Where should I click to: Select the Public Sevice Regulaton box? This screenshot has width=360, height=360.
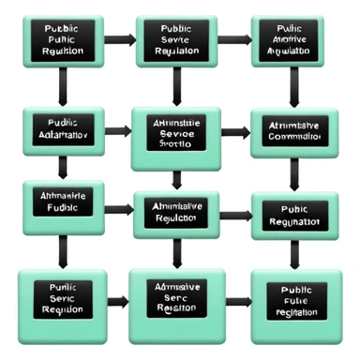pyautogui.click(x=176, y=40)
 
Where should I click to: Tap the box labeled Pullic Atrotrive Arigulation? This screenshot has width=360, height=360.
pyautogui.click(x=293, y=40)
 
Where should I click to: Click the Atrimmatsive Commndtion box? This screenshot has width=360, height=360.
pyautogui.click(x=293, y=132)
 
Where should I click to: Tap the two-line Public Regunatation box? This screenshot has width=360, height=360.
pyautogui.click(x=293, y=217)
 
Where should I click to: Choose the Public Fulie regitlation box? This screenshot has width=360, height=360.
pyautogui.click(x=293, y=302)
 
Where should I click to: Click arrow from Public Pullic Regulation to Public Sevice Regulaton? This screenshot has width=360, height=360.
pyautogui.click(x=119, y=40)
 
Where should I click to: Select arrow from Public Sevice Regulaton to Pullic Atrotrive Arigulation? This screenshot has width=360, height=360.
pyautogui.click(x=236, y=40)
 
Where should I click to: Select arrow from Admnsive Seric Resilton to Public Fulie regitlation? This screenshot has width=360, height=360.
pyautogui.click(x=238, y=302)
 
